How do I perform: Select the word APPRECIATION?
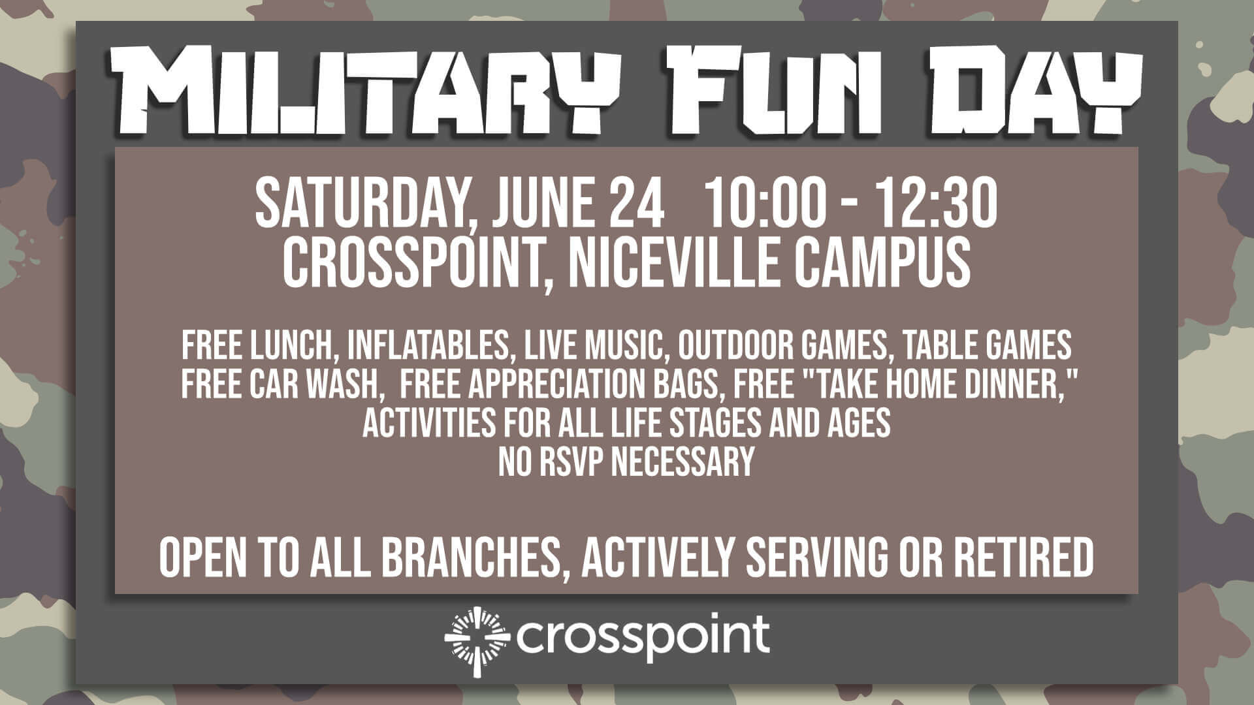[x=558, y=384]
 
